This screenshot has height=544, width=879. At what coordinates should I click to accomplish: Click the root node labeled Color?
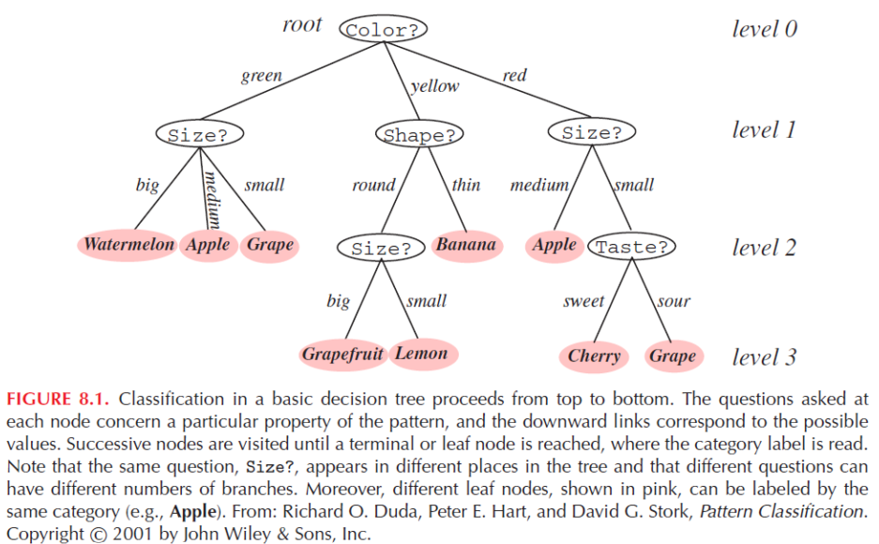point(383,30)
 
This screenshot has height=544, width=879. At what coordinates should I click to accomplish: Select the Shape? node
point(420,135)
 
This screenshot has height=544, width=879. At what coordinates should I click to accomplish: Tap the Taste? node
point(631,248)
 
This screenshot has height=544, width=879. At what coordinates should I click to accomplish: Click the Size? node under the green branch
point(198,134)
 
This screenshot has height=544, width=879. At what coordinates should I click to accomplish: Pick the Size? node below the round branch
point(381,249)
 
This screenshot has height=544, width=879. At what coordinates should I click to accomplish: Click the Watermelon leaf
point(129,246)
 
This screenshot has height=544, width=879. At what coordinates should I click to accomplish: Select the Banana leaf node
point(465,246)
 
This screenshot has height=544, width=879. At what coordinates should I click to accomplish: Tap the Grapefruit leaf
point(342,355)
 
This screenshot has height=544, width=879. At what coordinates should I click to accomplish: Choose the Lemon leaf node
point(421,355)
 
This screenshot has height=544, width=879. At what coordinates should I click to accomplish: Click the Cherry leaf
point(594,356)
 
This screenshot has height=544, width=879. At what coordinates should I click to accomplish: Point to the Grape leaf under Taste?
point(673,356)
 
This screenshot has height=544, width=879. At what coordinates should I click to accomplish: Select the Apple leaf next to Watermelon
point(207,246)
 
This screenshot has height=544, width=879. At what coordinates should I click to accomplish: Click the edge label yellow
point(435,86)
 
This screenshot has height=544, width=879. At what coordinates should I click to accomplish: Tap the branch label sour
point(674,301)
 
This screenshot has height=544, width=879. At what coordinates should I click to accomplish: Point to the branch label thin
point(466,185)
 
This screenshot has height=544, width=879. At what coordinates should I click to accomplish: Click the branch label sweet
point(583,301)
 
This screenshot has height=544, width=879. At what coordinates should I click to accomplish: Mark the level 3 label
point(764,357)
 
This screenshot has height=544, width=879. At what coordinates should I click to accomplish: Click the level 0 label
point(764,29)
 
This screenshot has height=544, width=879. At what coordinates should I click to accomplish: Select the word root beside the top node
point(301,25)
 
